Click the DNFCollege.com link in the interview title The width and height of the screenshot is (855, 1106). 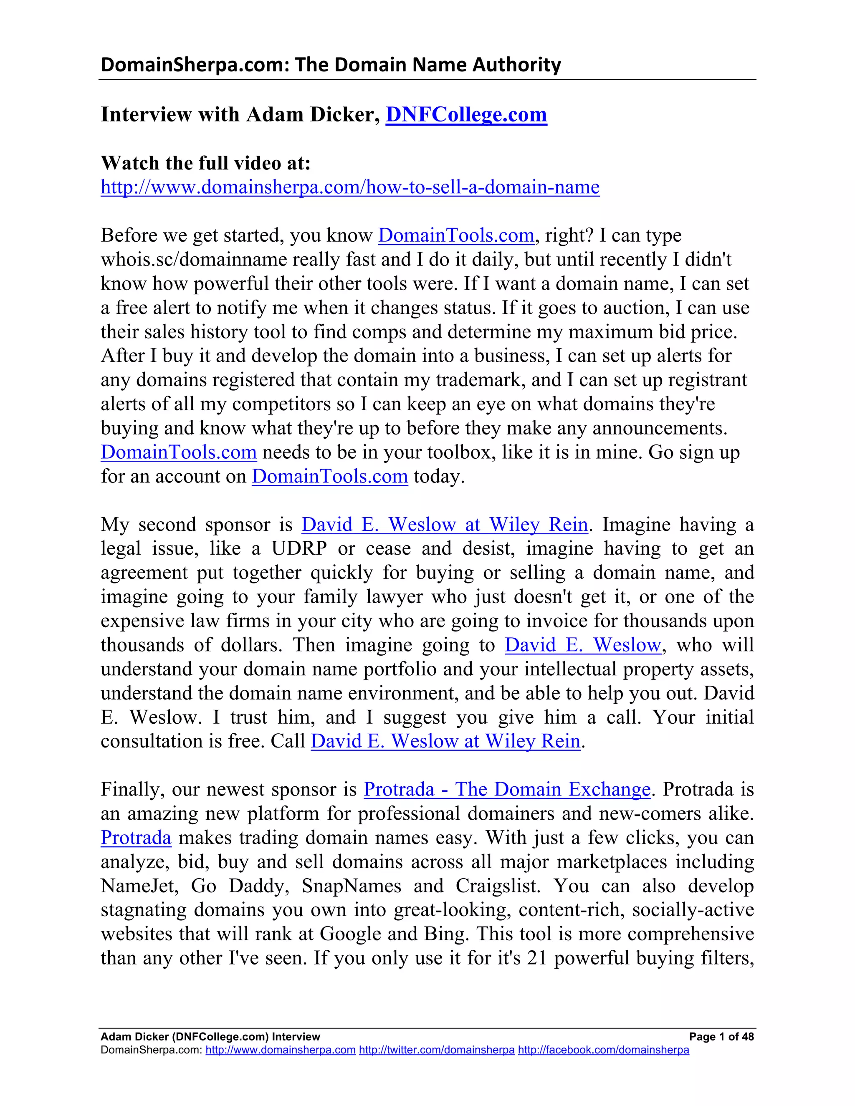[466, 114]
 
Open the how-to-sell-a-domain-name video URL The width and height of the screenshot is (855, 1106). [350, 187]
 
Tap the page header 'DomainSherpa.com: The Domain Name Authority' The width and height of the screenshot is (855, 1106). [331, 65]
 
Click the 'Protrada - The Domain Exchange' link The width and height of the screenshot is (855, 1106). [507, 789]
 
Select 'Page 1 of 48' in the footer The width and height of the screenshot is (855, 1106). [721, 1037]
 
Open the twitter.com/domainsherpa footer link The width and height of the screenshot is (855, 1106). [437, 1050]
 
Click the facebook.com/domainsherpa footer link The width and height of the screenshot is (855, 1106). [603, 1050]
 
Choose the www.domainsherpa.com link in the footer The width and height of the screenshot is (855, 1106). [280, 1050]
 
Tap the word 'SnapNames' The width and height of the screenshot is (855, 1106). [352, 886]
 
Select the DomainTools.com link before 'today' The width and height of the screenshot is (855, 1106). [330, 476]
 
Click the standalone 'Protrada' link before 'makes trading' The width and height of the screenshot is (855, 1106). [136, 838]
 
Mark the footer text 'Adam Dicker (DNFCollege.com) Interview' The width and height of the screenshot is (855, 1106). [210, 1037]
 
